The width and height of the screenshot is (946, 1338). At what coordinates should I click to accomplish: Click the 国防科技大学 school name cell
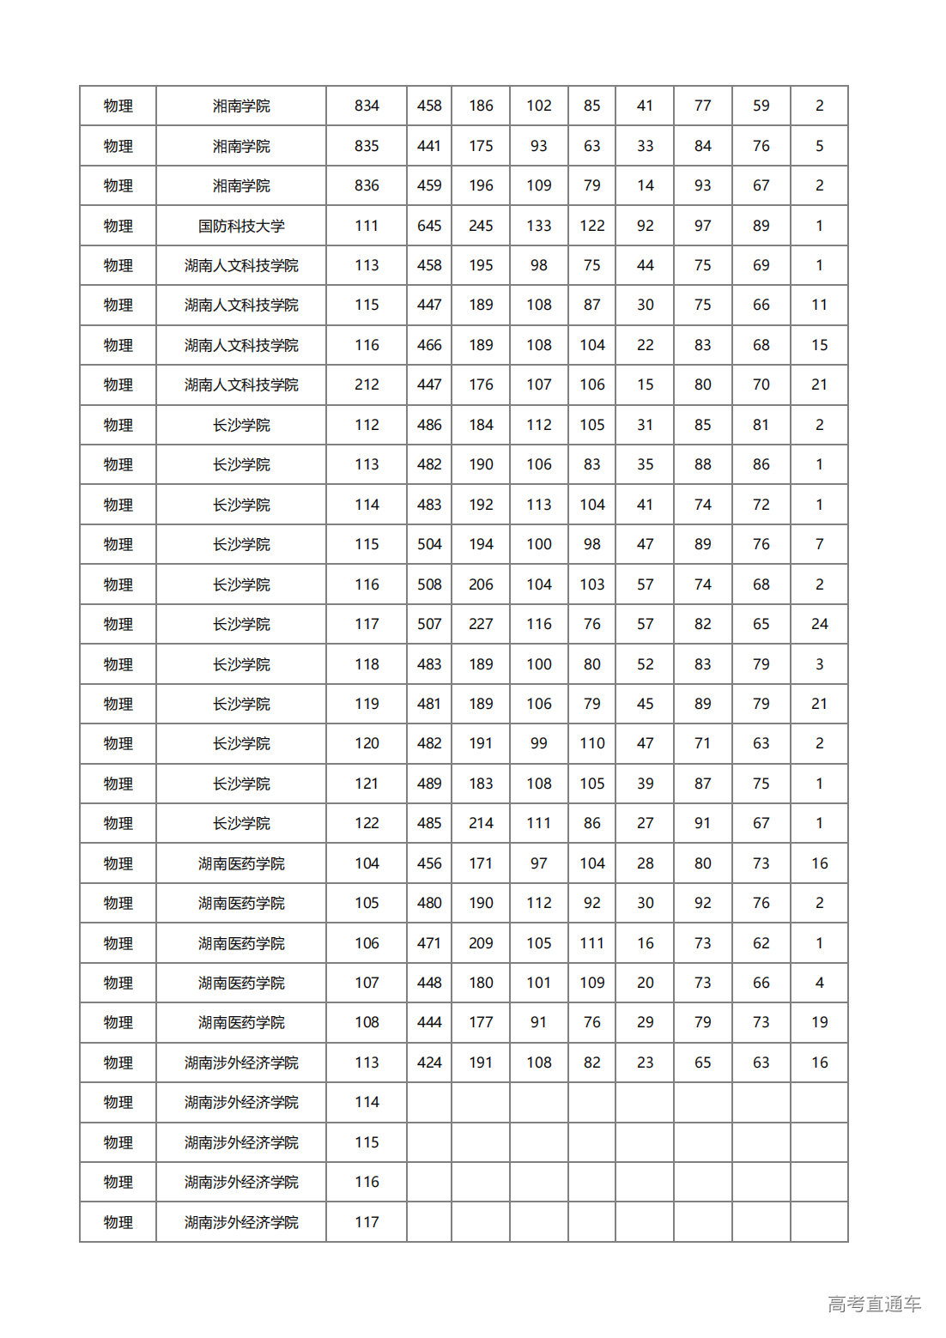(x=241, y=226)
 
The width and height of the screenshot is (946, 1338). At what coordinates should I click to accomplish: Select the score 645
(x=429, y=226)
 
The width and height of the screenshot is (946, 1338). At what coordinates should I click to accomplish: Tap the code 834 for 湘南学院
(x=367, y=106)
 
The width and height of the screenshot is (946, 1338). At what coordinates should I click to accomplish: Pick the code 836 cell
(x=367, y=185)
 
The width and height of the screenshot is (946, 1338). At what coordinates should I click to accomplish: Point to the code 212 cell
(x=367, y=384)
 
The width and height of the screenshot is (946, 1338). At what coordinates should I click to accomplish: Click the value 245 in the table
(x=481, y=226)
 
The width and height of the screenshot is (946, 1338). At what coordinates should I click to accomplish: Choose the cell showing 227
(x=481, y=624)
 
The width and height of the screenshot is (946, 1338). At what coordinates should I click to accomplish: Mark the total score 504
(x=429, y=544)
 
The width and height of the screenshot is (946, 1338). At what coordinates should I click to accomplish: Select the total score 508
(x=429, y=584)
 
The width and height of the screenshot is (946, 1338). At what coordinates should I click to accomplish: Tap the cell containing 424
(x=429, y=1063)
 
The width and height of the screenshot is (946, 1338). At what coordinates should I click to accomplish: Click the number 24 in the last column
(x=819, y=624)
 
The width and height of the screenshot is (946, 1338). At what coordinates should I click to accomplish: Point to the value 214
(x=481, y=823)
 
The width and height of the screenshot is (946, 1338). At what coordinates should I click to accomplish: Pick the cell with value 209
(x=481, y=943)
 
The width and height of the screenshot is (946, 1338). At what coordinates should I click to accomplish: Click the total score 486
(x=429, y=425)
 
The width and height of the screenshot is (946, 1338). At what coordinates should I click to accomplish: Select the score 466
(x=429, y=345)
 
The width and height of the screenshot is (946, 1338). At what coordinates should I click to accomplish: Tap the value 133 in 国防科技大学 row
(x=539, y=226)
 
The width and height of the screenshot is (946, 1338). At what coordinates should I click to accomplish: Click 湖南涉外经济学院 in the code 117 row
(x=241, y=1222)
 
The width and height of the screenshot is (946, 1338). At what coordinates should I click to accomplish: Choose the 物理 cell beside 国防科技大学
(x=118, y=226)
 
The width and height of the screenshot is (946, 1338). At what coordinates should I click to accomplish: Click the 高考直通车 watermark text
(x=874, y=1305)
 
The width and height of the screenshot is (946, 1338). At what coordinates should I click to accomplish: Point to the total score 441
(x=429, y=146)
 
